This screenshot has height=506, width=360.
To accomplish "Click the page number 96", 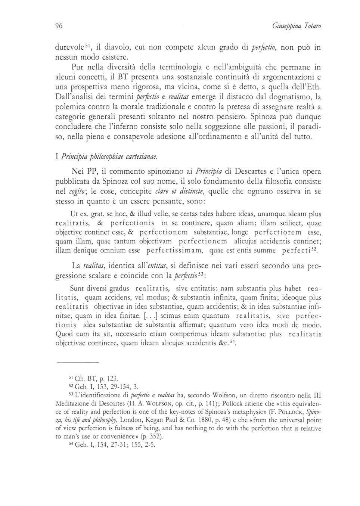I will pos(58,26).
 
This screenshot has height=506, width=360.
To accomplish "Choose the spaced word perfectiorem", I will pos(278,232).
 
